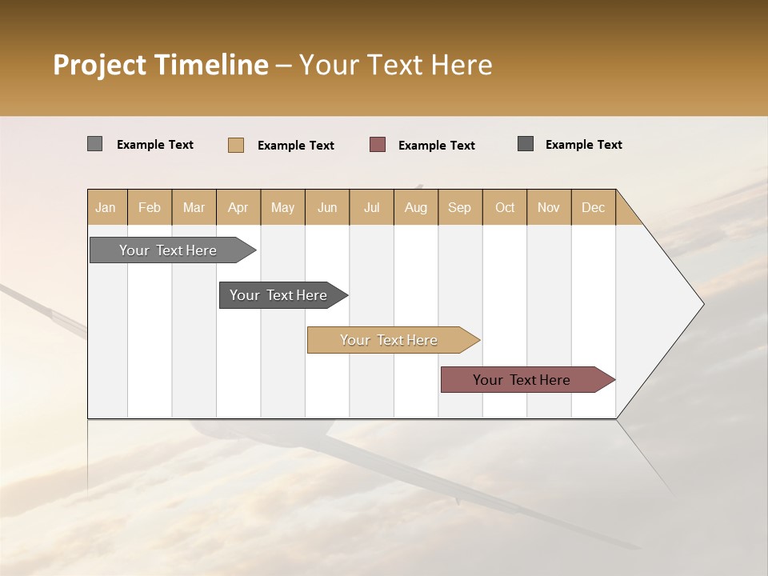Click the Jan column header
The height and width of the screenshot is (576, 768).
(106, 207)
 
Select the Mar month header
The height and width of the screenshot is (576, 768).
(194, 207)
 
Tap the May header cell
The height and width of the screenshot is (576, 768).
(282, 207)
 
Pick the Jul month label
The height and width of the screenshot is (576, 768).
(371, 207)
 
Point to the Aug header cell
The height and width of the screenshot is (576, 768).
(415, 207)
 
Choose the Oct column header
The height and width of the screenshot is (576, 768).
(505, 207)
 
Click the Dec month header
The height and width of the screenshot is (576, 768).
(593, 207)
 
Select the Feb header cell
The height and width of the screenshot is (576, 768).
(150, 207)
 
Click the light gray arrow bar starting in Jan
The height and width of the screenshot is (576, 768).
(168, 250)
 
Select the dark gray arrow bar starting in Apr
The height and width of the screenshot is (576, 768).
(278, 295)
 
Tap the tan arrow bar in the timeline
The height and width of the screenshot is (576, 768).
(389, 340)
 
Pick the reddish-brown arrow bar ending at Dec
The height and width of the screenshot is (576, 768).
(522, 380)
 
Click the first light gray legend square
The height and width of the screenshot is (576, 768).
(95, 144)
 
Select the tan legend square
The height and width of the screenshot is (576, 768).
(236, 145)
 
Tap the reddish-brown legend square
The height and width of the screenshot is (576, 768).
(378, 145)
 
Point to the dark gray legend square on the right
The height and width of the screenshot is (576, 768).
(526, 144)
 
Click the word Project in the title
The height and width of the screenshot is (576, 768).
(100, 65)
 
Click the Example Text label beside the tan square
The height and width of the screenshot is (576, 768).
(295, 146)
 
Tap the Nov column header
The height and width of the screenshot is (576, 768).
(548, 207)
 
